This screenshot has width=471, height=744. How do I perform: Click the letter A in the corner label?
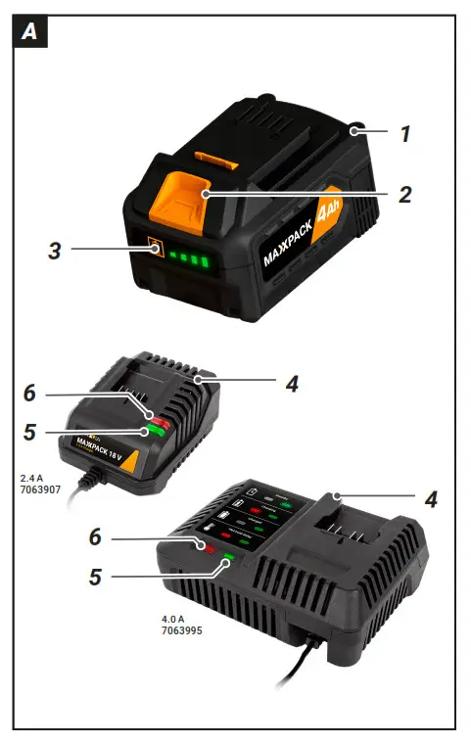click(29, 32)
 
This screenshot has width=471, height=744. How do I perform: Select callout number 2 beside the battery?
click(403, 193)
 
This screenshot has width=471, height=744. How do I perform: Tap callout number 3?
click(56, 251)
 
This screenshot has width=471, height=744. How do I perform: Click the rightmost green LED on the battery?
click(206, 261)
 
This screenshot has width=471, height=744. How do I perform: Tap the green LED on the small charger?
click(151, 432)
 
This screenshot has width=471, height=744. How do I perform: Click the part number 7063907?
click(40, 491)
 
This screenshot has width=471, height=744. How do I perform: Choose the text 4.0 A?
click(175, 619)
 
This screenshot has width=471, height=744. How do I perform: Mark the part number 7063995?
click(183, 631)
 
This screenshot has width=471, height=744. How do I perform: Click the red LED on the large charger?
click(208, 547)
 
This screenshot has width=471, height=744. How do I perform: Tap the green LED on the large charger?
click(228, 560)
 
